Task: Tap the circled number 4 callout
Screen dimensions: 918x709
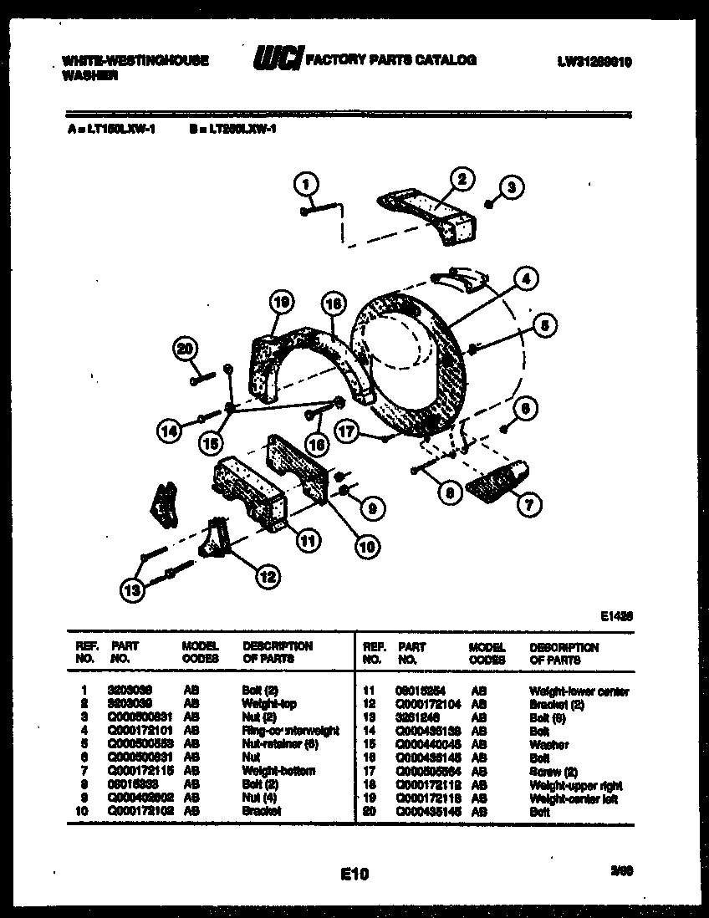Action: (524, 279)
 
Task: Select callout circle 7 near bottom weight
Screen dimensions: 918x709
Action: (530, 503)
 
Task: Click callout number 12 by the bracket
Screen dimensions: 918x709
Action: (267, 575)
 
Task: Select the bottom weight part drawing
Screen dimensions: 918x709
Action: (497, 477)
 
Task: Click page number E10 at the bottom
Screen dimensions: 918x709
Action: (354, 875)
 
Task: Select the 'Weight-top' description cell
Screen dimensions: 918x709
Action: (268, 705)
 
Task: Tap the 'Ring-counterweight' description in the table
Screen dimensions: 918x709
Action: (290, 731)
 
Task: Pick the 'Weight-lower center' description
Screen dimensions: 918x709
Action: (579, 691)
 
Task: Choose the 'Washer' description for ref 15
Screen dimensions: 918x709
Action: (548, 744)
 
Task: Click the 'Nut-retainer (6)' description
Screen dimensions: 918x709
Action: (279, 744)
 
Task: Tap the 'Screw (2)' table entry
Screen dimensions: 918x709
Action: (552, 772)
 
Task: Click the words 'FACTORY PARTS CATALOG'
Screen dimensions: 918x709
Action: (391, 60)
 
